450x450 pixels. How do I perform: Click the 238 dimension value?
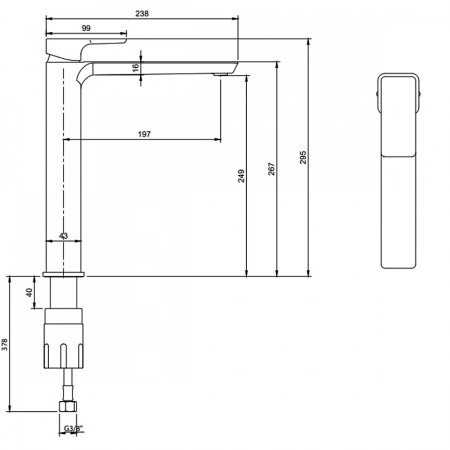tap(142, 13)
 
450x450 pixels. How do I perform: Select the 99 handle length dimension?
tap(86, 28)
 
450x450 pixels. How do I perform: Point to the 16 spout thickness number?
tap(136, 68)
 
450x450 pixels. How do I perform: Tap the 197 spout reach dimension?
tap(144, 134)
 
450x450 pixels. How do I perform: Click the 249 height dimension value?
tap(241, 176)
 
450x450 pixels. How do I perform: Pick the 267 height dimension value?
tap(271, 169)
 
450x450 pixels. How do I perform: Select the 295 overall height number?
tap(303, 158)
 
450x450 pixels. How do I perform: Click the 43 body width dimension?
tap(64, 236)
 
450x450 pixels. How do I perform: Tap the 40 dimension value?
tap(30, 292)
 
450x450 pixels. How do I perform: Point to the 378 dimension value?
tap(5, 345)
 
